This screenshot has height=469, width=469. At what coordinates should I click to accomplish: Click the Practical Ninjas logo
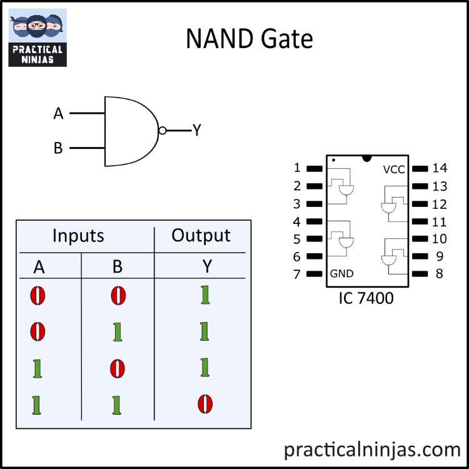[x=37, y=38]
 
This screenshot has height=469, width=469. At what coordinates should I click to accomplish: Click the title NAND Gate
[x=249, y=39]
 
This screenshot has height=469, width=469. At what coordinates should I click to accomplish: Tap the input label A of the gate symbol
[x=59, y=114]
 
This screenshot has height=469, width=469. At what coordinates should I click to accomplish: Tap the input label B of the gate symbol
[x=58, y=149]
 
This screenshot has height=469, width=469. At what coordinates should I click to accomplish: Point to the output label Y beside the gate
[x=196, y=130]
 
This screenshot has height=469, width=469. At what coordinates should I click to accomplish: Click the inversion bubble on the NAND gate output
[x=163, y=131]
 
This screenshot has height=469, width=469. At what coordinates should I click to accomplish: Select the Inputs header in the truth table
[x=78, y=236]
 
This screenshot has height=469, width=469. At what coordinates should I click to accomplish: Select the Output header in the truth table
[x=201, y=236]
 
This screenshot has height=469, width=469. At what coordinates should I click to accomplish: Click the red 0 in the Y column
[x=204, y=403]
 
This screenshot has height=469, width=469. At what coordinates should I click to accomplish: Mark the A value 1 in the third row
[x=38, y=368]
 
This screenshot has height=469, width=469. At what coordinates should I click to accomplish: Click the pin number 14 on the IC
[x=440, y=168]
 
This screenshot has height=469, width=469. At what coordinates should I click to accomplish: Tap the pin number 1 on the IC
[x=297, y=168]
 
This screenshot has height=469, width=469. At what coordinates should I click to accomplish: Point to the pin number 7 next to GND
[x=297, y=274]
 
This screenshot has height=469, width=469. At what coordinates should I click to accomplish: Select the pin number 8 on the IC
[x=440, y=273]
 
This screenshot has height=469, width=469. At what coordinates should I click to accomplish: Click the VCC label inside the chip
[x=394, y=169]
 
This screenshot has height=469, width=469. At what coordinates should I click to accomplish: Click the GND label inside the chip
[x=341, y=273]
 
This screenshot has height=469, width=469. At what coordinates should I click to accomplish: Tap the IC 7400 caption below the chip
[x=366, y=298]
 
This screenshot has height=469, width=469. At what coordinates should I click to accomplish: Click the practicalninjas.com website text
[x=372, y=448]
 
